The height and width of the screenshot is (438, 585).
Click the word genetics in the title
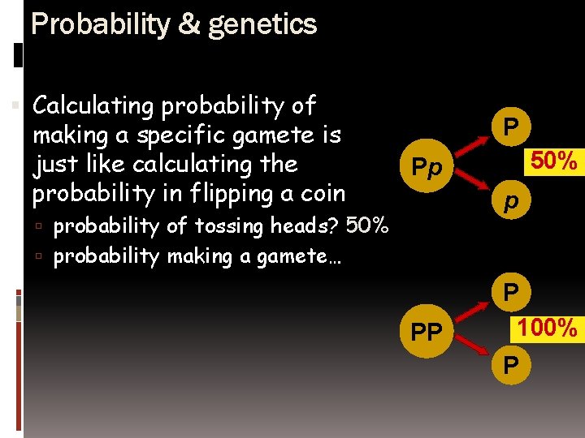coord(262,25)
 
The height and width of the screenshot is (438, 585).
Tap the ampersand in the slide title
coord(188,24)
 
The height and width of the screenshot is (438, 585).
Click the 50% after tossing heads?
coord(368,225)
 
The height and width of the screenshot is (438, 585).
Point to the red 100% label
coord(548,328)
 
